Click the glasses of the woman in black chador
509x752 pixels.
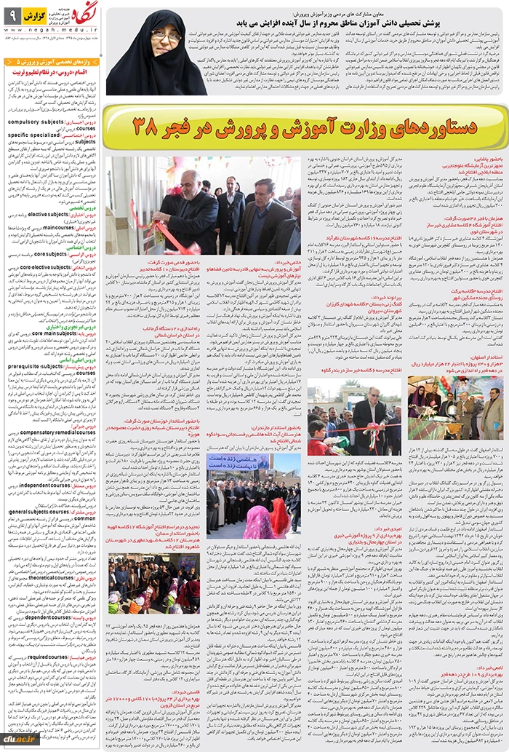click(166, 35)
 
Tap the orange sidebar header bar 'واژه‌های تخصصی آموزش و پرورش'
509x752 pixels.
click(51, 63)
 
